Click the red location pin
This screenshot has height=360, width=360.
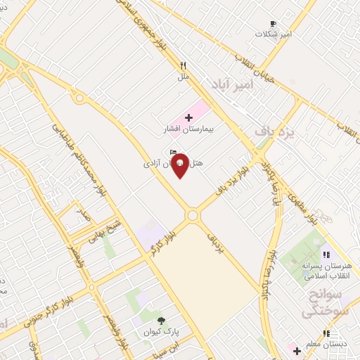click(x=180, y=165)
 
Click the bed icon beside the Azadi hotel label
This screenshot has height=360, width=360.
click(x=174, y=152)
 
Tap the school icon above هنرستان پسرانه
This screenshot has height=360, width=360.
click(x=325, y=255)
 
